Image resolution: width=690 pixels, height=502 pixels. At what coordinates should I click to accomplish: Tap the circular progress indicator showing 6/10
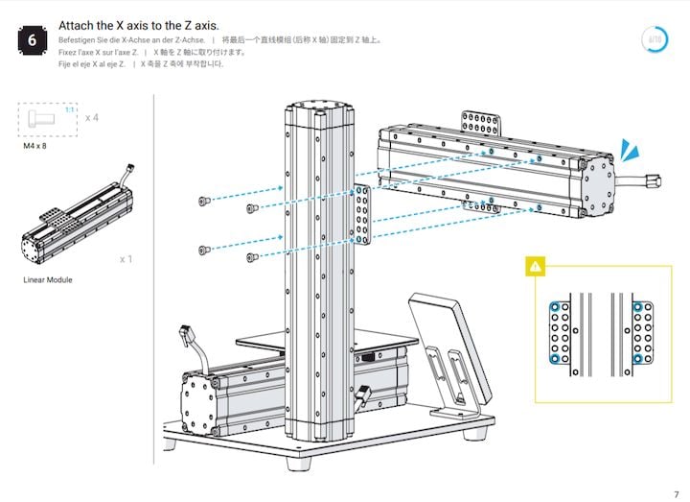pyautogui.click(x=655, y=39)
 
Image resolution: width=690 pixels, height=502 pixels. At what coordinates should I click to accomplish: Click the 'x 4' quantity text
pyautogui.click(x=92, y=117)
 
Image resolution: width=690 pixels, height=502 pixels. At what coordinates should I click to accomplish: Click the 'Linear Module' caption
pyautogui.click(x=48, y=280)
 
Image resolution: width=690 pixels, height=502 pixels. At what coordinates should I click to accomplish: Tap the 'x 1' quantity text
pyautogui.click(x=126, y=259)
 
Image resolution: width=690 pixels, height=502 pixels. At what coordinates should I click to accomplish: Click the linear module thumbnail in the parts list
pyautogui.click(x=77, y=221)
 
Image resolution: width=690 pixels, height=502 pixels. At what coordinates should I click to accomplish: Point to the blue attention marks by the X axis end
pyautogui.click(x=628, y=150)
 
